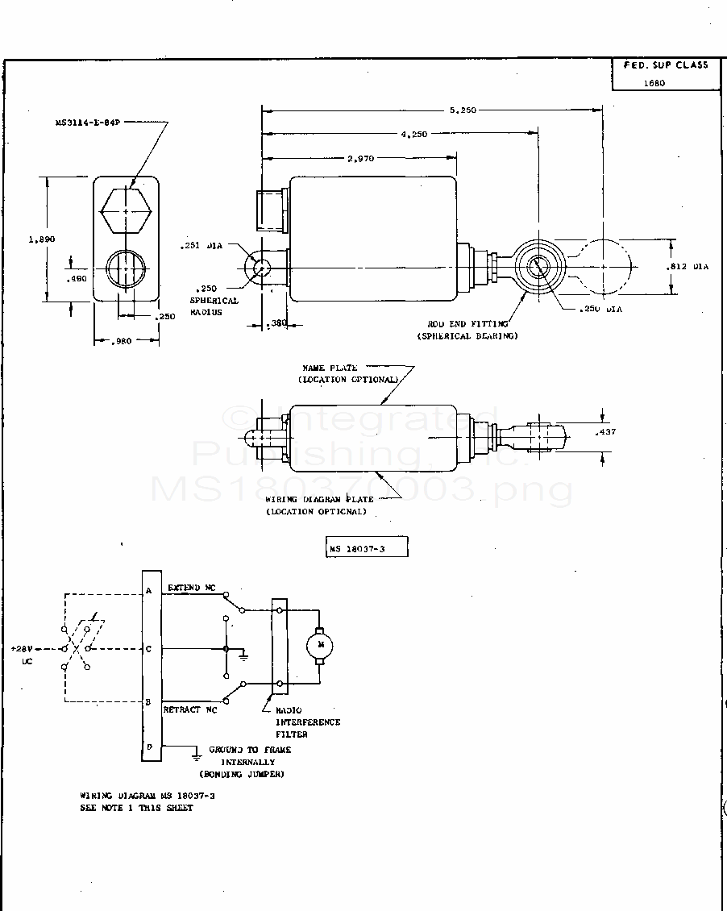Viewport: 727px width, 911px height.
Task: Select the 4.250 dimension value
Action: coord(413,134)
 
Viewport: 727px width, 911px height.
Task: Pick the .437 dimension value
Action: coord(606,433)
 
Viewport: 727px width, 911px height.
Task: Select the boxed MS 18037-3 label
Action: coord(367,548)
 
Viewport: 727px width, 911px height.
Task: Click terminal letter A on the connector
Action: coord(149,591)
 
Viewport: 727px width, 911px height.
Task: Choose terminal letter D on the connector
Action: coord(149,747)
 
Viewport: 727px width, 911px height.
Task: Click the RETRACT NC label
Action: coord(191,710)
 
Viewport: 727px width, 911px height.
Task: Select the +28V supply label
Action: coord(23,648)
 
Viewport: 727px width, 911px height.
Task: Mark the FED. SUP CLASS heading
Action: coord(665,64)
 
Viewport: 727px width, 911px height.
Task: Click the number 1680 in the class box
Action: coord(654,82)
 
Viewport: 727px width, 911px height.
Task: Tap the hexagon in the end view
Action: coord(126,211)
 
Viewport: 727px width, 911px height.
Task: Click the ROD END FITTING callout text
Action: coord(467,324)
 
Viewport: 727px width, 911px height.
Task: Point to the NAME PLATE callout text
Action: coord(330,368)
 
